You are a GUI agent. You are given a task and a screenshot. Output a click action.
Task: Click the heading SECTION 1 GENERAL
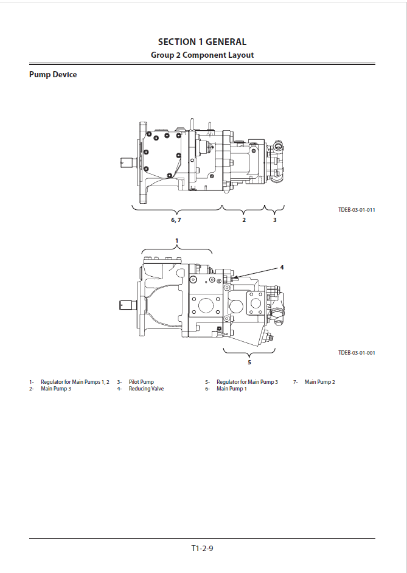pos(202,42)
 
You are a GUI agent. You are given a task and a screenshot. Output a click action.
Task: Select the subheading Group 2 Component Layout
pos(202,55)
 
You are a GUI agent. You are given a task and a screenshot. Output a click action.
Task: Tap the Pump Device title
pos(53,75)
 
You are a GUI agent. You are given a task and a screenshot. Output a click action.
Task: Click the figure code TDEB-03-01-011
pos(357,210)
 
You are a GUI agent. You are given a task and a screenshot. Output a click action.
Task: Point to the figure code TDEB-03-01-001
pos(357,353)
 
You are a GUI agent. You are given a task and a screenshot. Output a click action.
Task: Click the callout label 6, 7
pos(176,220)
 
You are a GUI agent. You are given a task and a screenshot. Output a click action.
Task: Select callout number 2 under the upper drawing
pos(244,220)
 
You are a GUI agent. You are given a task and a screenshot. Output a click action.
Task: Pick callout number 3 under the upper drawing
pos(275,220)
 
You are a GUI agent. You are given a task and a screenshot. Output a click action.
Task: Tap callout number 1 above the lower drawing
pos(177,241)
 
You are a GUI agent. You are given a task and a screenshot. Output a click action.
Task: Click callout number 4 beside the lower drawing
pos(282,268)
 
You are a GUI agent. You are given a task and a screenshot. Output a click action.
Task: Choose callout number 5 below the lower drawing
pos(249,363)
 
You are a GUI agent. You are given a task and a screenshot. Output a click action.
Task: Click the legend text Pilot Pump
pos(141,382)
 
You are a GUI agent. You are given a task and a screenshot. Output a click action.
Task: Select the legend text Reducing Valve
pos(146,389)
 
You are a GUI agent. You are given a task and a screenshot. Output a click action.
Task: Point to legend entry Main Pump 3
pos(56,389)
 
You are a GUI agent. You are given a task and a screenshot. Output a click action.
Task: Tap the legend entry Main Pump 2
pos(319,382)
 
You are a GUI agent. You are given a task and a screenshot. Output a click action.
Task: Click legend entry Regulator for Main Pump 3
pos(247,382)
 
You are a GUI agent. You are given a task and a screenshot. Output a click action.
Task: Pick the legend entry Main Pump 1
pos(232,389)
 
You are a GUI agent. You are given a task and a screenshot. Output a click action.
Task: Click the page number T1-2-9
pos(202,548)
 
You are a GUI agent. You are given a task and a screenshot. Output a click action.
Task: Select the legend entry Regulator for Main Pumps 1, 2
pos(75,382)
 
